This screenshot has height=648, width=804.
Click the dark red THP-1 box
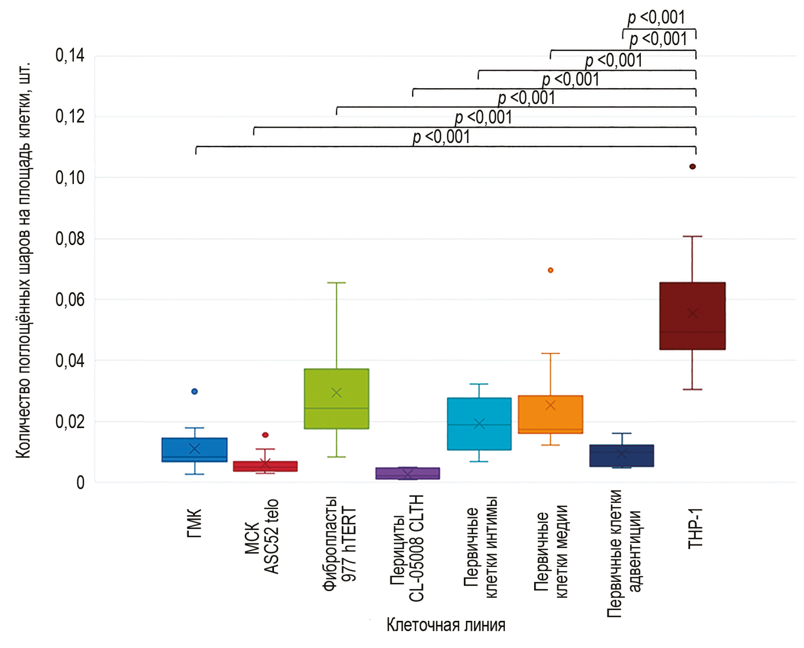(x=692, y=316)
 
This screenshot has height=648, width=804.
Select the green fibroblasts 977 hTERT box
(x=336, y=399)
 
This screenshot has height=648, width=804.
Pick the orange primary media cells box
(x=550, y=414)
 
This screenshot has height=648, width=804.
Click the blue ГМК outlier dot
(x=194, y=391)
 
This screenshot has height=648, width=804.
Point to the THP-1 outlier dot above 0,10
(x=692, y=166)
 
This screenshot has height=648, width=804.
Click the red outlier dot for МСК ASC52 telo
(x=265, y=435)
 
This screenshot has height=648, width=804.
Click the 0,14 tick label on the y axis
(x=70, y=56)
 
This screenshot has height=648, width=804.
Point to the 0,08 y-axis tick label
(x=70, y=239)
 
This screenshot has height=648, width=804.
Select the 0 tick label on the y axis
(x=80, y=483)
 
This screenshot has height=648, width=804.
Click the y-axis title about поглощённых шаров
(x=23, y=261)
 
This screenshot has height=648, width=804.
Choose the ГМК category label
(x=194, y=523)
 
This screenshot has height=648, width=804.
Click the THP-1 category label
(x=695, y=528)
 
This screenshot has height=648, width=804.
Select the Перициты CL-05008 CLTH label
(x=407, y=549)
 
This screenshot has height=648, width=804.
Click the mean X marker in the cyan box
(x=479, y=424)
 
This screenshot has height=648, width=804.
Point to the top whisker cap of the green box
(x=336, y=282)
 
